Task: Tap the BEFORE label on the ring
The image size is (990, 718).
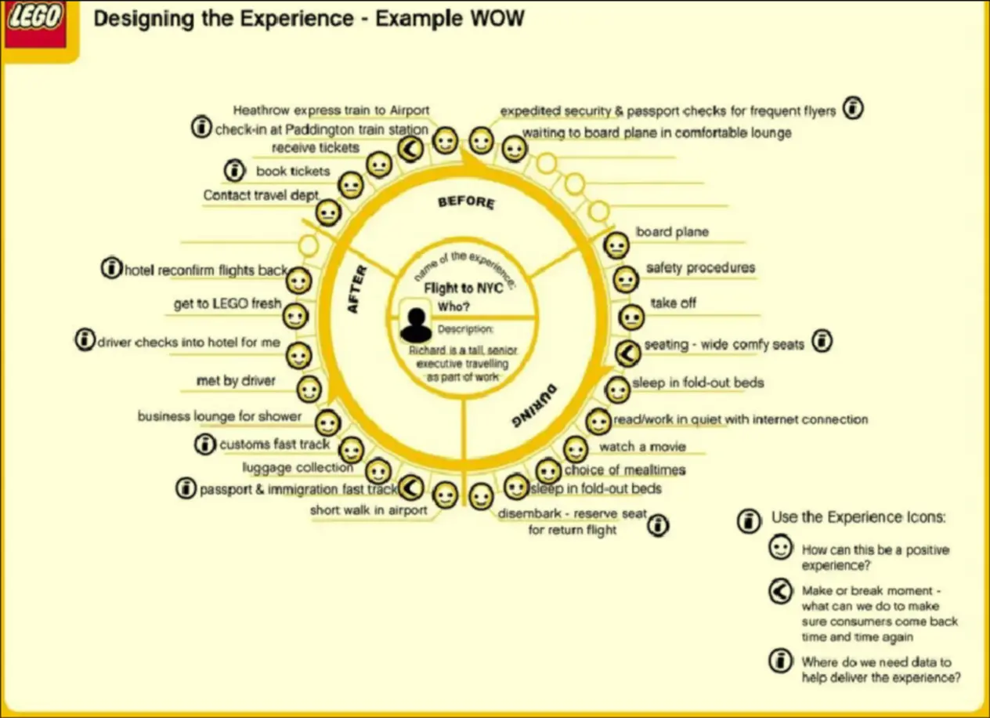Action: [466, 202]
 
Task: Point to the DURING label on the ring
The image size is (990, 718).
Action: [534, 405]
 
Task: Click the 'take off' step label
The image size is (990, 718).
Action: [673, 303]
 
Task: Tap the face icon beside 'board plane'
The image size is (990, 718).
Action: [616, 245]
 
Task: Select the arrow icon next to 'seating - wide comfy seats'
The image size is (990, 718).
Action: [627, 354]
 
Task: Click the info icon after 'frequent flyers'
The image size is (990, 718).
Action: [853, 109]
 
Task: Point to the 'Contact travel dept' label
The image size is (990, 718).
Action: [261, 195]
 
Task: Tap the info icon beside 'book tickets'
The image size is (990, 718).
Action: [233, 169]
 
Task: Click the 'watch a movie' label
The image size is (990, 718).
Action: [642, 447]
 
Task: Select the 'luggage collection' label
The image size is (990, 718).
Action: [298, 468]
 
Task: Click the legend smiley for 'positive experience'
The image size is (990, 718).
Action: [779, 549]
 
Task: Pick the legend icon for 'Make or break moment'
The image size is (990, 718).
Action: [779, 593]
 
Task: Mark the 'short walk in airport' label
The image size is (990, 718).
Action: [369, 510]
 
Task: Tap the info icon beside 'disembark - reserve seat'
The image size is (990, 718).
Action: [659, 524]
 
